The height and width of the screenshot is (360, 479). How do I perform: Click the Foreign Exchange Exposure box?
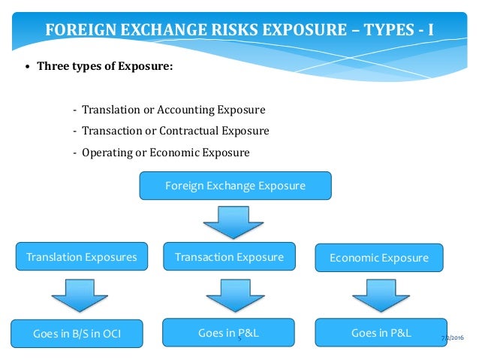coord(234,186)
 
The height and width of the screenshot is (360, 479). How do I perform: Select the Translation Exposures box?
coord(82,257)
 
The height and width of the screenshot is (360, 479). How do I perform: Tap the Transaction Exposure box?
coord(229,257)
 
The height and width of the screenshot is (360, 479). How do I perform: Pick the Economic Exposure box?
coord(379,258)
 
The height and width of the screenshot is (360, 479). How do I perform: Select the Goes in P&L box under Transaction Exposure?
coord(228,333)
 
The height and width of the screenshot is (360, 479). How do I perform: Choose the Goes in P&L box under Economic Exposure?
coord(381,333)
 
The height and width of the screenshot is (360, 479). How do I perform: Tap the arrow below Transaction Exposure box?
coord(229,295)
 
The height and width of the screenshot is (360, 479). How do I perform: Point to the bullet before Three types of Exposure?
coord(28,66)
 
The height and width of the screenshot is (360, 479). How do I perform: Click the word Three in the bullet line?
coord(53,65)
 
